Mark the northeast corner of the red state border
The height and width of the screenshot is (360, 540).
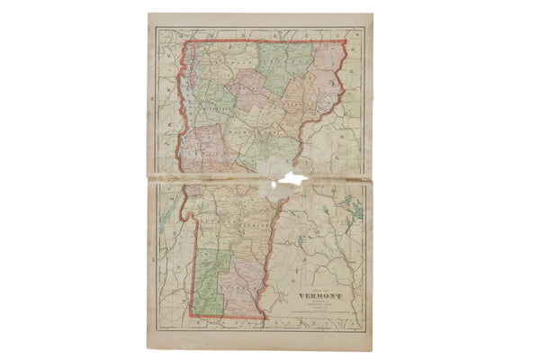point(346,41)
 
